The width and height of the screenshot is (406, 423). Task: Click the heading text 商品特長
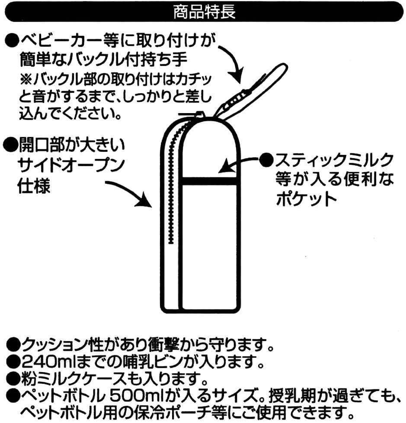click(204, 12)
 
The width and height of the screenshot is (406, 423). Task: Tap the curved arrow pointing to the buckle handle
click(236, 63)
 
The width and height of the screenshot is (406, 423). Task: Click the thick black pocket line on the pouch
click(209, 181)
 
